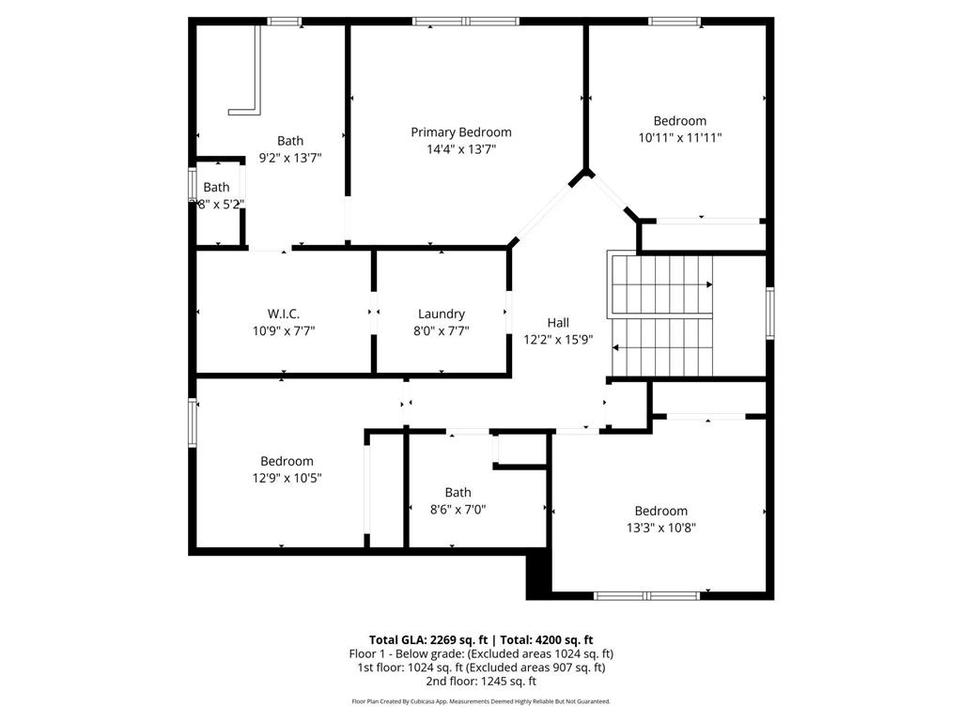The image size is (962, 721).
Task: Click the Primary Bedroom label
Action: point(461,132)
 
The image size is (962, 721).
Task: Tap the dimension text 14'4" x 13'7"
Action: point(461,148)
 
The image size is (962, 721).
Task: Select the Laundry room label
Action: point(442,314)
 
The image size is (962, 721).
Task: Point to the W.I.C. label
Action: point(283,314)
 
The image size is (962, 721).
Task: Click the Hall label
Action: point(558,323)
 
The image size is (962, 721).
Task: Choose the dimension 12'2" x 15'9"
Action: point(558,340)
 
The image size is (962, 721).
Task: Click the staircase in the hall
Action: point(661,315)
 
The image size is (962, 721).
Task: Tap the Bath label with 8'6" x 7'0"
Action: point(458,492)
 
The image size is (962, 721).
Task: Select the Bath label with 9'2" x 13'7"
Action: point(290,141)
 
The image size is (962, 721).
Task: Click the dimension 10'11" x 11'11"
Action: point(679,137)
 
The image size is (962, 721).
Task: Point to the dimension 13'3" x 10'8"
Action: point(660,528)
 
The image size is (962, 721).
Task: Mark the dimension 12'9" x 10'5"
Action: point(287,478)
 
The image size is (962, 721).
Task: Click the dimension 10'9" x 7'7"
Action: point(283,330)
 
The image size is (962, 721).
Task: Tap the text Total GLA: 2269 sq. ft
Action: point(428,639)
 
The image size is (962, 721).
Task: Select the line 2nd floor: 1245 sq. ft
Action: point(481,681)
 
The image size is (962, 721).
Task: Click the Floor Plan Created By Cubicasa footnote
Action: point(481,701)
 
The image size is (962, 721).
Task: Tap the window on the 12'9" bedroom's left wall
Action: point(193,422)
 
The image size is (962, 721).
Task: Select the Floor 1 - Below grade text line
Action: point(481,653)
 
